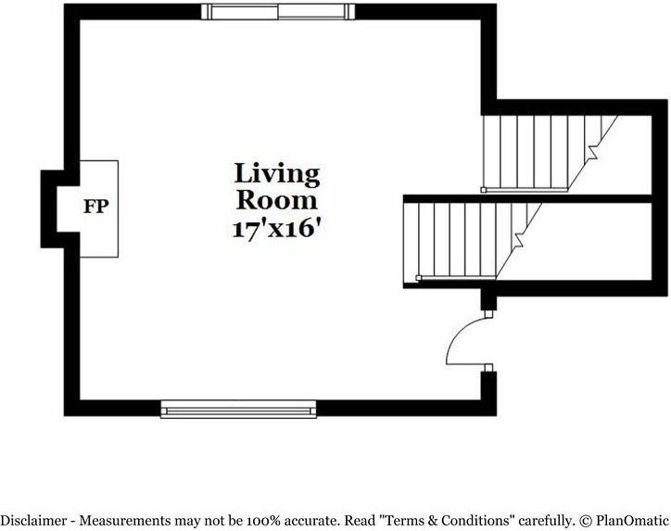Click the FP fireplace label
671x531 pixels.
pyautogui.click(x=95, y=207)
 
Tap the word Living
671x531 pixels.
pyautogui.click(x=277, y=174)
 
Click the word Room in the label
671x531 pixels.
pyautogui.click(x=277, y=200)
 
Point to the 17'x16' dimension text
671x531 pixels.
pyautogui.click(x=276, y=229)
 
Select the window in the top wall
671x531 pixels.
pyautogui.click(x=278, y=11)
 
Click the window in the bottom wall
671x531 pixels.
pyautogui.click(x=238, y=409)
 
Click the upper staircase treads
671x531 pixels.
pyautogui.click(x=543, y=153)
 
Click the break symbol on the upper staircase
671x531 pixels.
pyautogui.click(x=593, y=152)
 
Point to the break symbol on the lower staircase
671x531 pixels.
pyautogui.click(x=518, y=240)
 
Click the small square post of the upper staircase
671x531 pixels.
pyautogui.click(x=484, y=190)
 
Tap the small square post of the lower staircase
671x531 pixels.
pyautogui.click(x=419, y=278)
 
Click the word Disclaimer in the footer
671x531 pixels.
pyautogui.click(x=34, y=521)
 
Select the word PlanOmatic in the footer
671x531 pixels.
pyautogui.click(x=632, y=521)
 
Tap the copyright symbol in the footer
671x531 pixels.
pyautogui.click(x=586, y=521)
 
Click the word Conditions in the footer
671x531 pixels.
pyautogui.click(x=477, y=521)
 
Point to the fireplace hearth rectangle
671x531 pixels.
pyautogui.click(x=99, y=209)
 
